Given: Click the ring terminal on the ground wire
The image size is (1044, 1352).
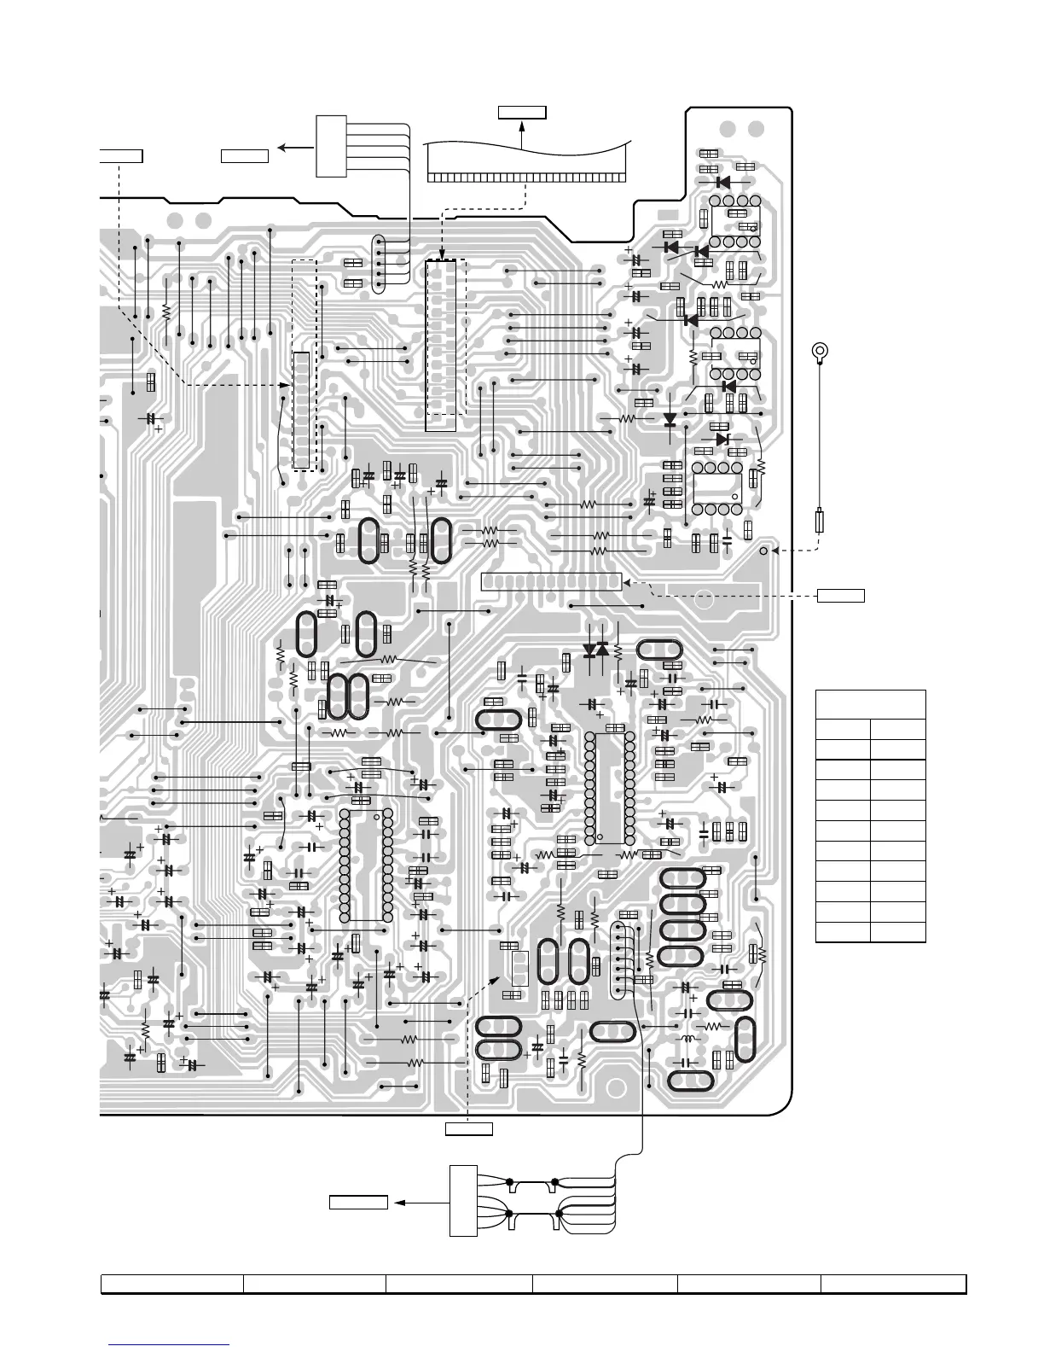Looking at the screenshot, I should tap(820, 350).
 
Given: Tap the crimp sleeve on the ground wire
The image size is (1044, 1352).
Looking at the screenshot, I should tap(821, 521).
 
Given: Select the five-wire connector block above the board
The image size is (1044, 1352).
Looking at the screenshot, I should tap(331, 146).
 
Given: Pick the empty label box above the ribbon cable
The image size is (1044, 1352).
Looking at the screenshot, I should tap(521, 112).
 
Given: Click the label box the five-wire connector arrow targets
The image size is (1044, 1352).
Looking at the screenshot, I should tap(245, 155).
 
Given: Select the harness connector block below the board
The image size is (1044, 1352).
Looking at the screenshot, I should tap(463, 1200).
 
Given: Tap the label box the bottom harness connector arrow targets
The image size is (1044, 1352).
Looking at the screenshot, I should tap(359, 1203).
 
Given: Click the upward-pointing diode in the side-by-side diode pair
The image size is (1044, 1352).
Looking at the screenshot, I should tap(603, 650).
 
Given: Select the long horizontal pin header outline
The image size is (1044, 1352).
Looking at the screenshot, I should tap(551, 582).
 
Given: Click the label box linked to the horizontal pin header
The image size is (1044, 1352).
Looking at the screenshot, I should tap(841, 595).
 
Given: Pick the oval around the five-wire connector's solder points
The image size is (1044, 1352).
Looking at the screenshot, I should tap(379, 264).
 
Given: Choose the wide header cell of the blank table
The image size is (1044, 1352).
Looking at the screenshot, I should tap(870, 704).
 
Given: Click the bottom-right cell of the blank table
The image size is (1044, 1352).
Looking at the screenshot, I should tap(897, 932).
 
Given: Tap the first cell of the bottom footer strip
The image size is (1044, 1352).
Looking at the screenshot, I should tap(172, 1285).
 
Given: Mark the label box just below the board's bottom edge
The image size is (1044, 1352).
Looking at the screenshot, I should tap(469, 1130).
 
